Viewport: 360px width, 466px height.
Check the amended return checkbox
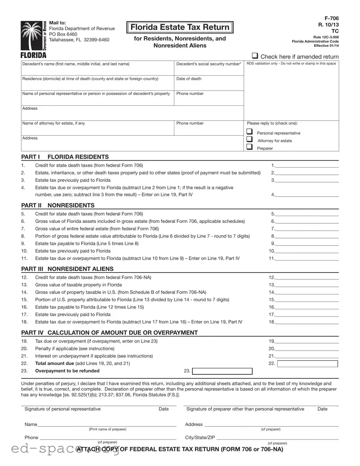coord(255,56)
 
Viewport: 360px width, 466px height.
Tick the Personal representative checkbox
coord(250,132)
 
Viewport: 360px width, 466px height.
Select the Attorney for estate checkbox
coord(250,139)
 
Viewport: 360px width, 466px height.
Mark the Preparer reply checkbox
coord(250,147)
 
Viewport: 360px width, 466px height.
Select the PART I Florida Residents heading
coord(65,157)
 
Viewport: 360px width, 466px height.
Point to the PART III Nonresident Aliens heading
coord(67,269)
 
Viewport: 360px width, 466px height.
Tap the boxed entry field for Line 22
coord(308,364)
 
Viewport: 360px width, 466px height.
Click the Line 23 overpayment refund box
coord(222,372)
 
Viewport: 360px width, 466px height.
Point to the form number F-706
coord(332,19)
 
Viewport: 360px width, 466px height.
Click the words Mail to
coord(57,23)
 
